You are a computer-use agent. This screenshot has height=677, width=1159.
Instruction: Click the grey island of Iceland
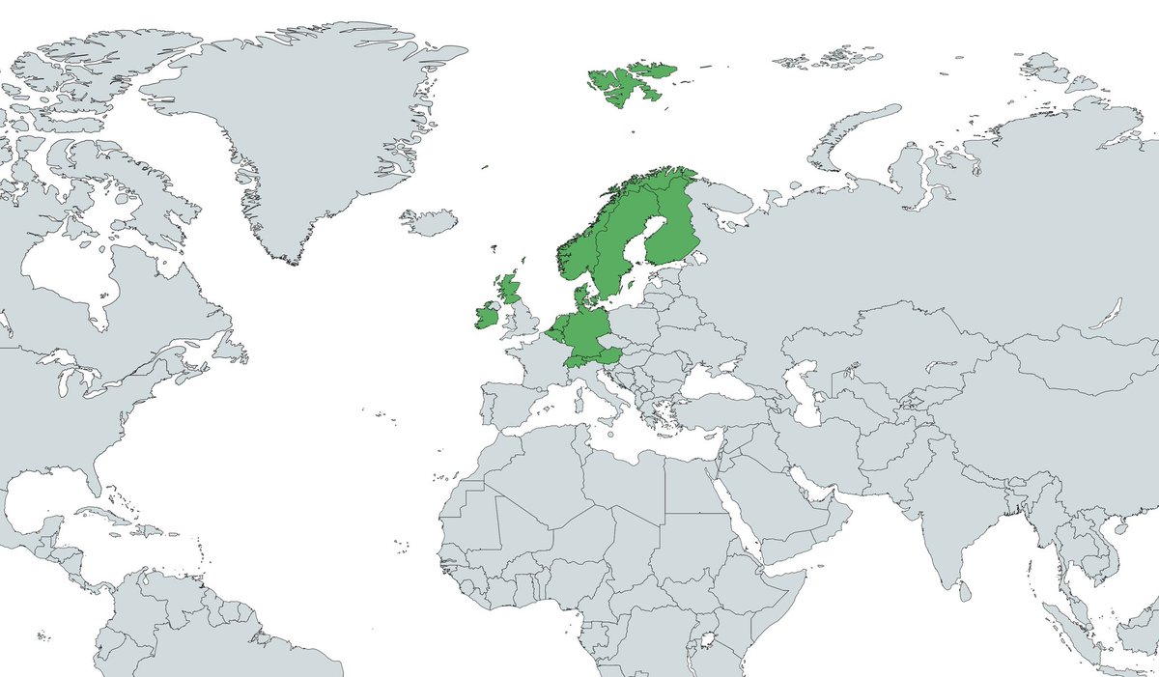point(429,223)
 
